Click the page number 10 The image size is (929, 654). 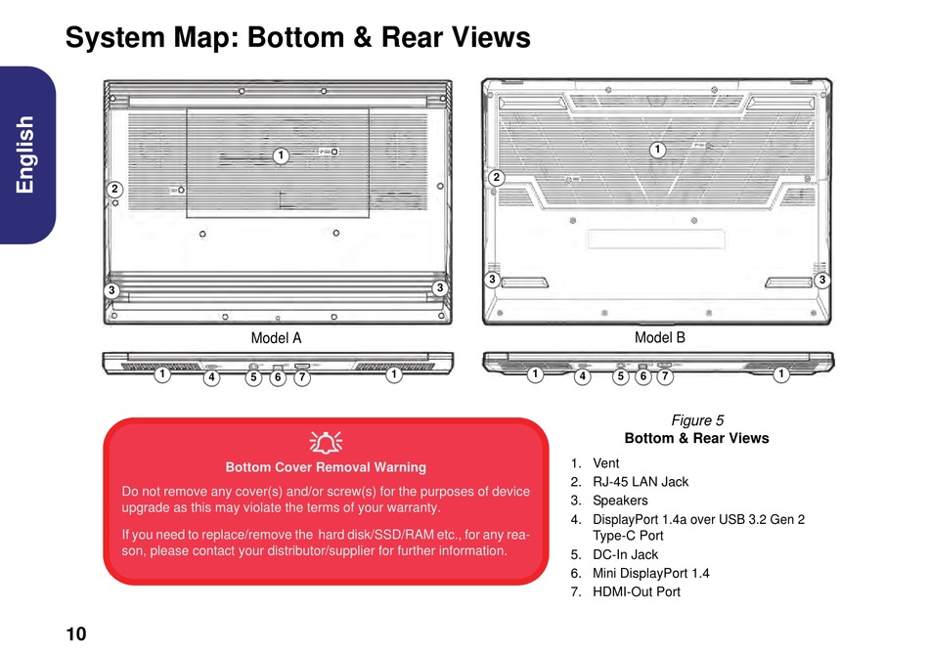pos(76,633)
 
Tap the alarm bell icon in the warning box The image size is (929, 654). pos(326,442)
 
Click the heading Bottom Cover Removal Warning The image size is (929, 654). pos(326,467)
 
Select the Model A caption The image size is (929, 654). pos(276,337)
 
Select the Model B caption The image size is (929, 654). pos(659,337)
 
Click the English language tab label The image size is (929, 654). pos(24,154)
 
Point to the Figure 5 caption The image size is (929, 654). pos(697,420)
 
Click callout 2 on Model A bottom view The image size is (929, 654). pos(114,189)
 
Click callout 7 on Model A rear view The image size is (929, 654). pos(302,376)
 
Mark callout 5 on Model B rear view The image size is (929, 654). pos(620,375)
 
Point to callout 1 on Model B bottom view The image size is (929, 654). pos(657,150)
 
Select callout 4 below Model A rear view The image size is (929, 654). pos(211,376)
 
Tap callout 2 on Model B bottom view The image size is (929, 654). pos(497,177)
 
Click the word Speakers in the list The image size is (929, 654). pos(620,500)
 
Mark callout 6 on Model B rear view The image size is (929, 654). pos(643,375)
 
